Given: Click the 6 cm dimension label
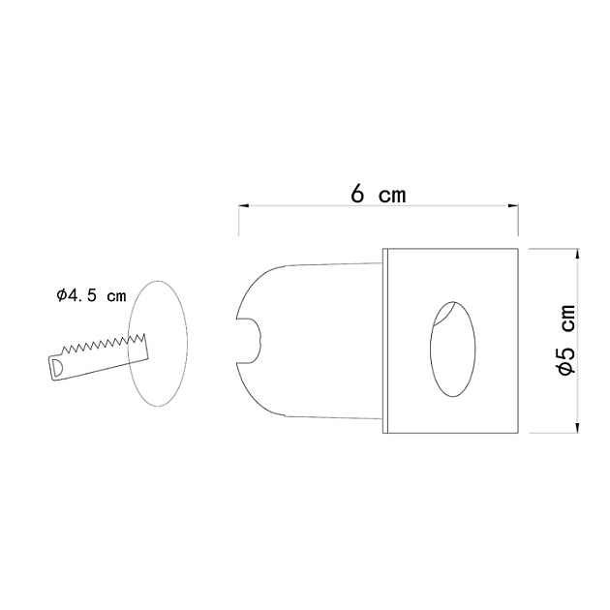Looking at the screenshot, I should pyautogui.click(x=378, y=194).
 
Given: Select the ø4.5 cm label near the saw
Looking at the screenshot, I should pyautogui.click(x=91, y=296).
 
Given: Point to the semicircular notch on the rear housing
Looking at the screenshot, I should pyautogui.click(x=254, y=338).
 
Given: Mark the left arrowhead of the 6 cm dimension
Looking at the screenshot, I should pyautogui.click(x=243, y=206).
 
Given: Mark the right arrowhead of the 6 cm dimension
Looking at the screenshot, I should pyautogui.click(x=514, y=206).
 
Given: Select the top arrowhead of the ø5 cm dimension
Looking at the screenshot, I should pyautogui.click(x=578, y=254).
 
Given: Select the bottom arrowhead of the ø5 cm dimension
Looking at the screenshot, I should pyautogui.click(x=578, y=429).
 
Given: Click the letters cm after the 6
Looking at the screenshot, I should pyautogui.click(x=391, y=195).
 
